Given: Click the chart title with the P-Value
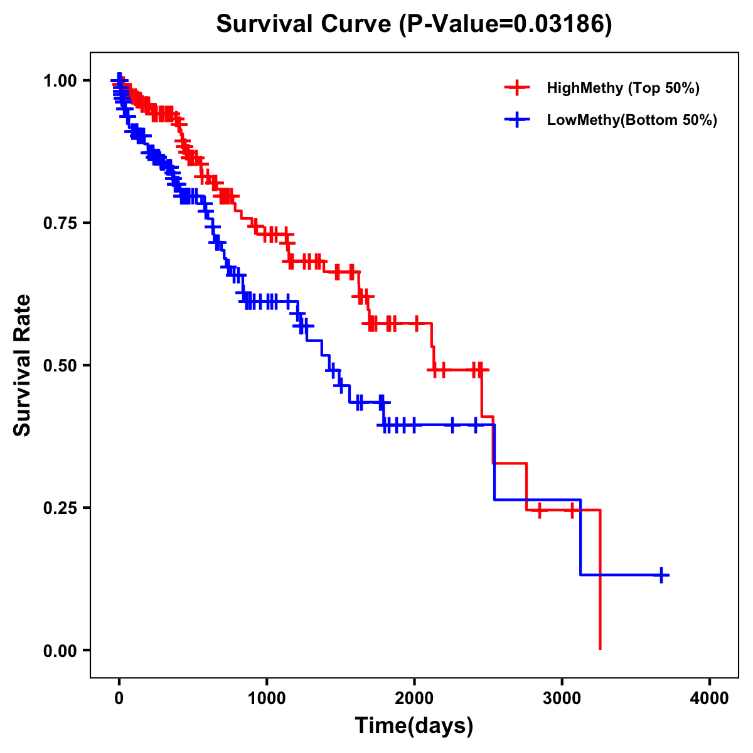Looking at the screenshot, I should (414, 24).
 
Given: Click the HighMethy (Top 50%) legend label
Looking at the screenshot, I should (623, 88).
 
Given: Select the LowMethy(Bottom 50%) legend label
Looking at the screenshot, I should (632, 120).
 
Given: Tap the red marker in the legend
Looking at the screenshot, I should (517, 88).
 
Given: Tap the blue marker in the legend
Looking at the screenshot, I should (517, 120).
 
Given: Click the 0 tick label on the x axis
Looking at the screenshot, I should (119, 698).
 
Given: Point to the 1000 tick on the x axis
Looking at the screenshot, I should (267, 698).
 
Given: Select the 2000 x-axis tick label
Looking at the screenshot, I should (414, 698).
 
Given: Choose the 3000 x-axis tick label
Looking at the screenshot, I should (562, 698).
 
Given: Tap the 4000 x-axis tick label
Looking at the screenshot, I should (710, 698).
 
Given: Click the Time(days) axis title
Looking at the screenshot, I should (414, 725).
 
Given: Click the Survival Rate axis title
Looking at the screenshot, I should (23, 365).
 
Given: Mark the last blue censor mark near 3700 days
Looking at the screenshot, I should (661, 575).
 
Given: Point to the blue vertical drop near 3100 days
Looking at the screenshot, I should (581, 537).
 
